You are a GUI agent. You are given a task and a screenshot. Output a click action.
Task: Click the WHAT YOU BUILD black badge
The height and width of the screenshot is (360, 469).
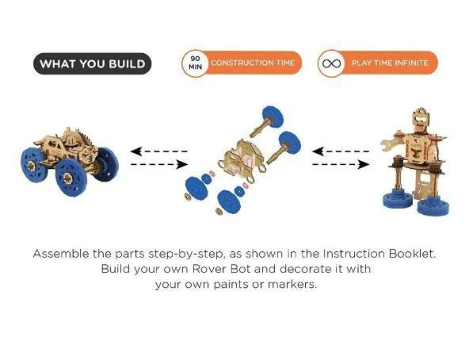[x=92, y=63]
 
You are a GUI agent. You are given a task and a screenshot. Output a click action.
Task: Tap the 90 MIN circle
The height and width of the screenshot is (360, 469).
[x=195, y=63]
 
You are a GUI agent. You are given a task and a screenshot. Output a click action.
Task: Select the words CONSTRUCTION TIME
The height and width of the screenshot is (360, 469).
[x=253, y=63]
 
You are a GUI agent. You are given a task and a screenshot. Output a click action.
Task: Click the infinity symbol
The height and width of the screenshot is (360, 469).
[x=331, y=63]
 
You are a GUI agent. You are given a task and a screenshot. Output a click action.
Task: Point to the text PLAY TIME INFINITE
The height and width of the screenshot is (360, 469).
[x=390, y=63]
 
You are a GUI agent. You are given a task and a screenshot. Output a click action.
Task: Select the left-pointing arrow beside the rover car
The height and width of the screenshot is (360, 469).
[x=158, y=151]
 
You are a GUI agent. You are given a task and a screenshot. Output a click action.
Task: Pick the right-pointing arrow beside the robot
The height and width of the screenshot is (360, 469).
[x=341, y=164]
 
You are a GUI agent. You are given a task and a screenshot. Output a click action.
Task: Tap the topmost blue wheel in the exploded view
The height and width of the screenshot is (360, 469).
[x=273, y=117]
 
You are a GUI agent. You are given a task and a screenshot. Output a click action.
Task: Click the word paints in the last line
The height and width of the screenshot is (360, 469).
[x=231, y=285]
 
